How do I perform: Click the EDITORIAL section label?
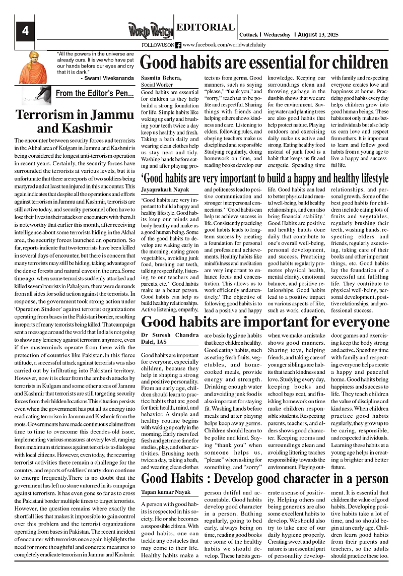[206, 28]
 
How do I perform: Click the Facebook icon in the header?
[178, 45]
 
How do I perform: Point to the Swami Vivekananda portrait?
[33, 67]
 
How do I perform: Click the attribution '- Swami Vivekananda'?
[106, 78]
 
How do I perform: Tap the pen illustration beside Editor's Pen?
[41, 93]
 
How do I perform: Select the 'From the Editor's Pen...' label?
[94, 93]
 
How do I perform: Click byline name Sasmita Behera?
[161, 78]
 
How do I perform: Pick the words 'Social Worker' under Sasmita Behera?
[157, 85]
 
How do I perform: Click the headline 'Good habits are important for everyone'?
[265, 322]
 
